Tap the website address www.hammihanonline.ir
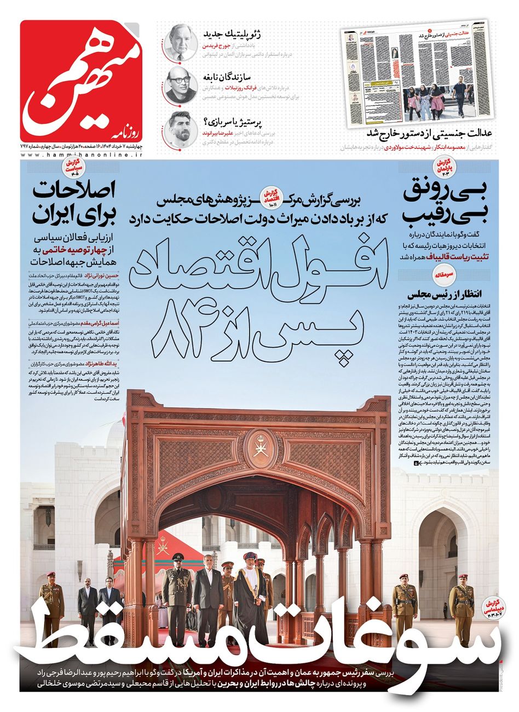pos(82,156)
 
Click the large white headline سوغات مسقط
pos(257,636)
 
